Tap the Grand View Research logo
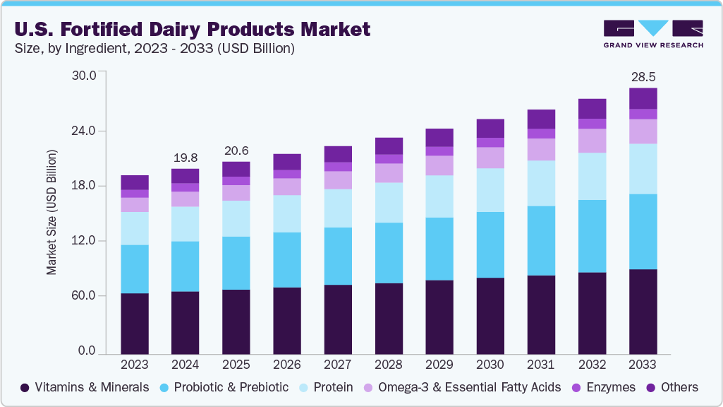(653, 34)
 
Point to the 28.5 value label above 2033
(643, 76)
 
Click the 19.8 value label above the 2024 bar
(185, 156)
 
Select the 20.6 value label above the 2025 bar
(236, 150)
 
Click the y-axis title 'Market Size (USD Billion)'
(51, 212)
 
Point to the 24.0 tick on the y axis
(90, 131)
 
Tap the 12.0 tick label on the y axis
(90, 241)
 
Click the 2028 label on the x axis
(389, 365)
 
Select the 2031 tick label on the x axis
(541, 365)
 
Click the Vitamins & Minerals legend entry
(85, 387)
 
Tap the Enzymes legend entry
(603, 387)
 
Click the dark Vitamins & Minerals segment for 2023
(135, 323)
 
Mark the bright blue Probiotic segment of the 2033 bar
(643, 231)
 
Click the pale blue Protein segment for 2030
(490, 189)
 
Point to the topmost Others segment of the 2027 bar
(338, 154)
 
